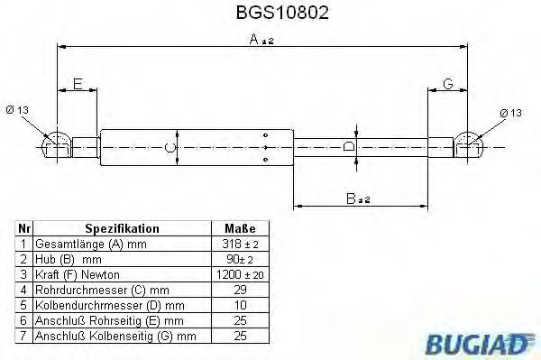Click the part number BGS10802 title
coord(269,14)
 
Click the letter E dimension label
coord(78,84)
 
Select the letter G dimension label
coord(447,84)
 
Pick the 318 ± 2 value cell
coord(239,245)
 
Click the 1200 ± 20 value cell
coord(239,273)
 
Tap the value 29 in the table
coord(239,289)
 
